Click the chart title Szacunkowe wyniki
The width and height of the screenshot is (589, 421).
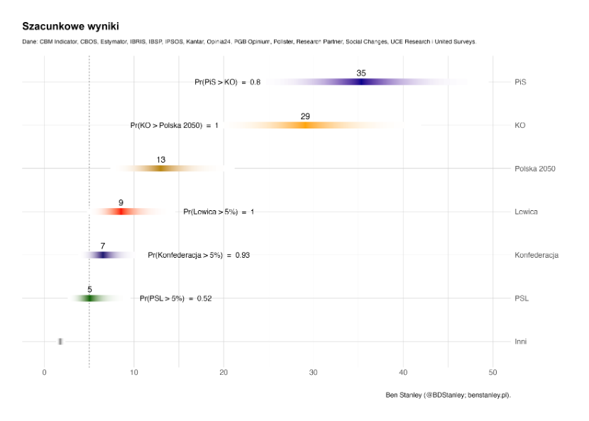tap(65, 26)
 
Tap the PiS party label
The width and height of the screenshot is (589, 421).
tap(521, 82)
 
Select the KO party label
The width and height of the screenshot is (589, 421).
tap(520, 126)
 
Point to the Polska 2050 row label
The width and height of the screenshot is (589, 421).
tap(534, 169)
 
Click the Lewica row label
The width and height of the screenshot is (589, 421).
tap(527, 212)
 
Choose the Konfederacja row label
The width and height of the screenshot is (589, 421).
tap(536, 255)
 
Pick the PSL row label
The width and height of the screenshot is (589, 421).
tap(522, 298)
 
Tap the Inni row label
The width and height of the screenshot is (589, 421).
tap(521, 341)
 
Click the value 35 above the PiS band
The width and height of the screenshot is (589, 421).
tap(361, 73)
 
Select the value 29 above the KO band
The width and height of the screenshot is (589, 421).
tap(305, 116)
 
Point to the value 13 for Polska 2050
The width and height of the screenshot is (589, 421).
tap(161, 160)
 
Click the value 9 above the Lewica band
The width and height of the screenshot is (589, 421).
tap(121, 203)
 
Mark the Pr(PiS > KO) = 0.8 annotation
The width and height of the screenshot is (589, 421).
tap(227, 82)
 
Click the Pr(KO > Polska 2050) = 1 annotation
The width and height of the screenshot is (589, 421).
tap(175, 126)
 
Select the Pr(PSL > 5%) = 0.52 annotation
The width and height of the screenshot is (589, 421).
tap(175, 298)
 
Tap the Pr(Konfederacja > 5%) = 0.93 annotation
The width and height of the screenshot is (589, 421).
tap(199, 255)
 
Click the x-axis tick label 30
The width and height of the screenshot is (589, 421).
tap(313, 372)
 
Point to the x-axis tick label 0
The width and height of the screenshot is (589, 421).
tap(45, 372)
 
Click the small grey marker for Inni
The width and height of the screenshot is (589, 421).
tap(60, 341)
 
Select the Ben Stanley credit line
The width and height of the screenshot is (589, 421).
tap(448, 395)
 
